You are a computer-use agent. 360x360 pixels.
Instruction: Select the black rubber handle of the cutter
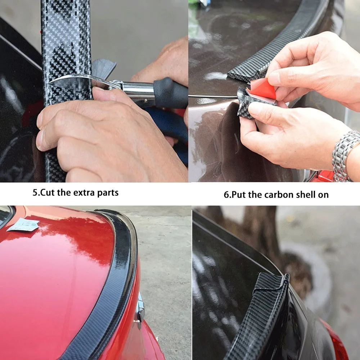coord(170,93)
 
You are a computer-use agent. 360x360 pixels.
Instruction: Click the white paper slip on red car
coord(23,225)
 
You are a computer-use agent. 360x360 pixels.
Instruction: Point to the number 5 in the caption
coord(35,192)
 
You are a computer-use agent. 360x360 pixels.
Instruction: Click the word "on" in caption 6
coord(323,195)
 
